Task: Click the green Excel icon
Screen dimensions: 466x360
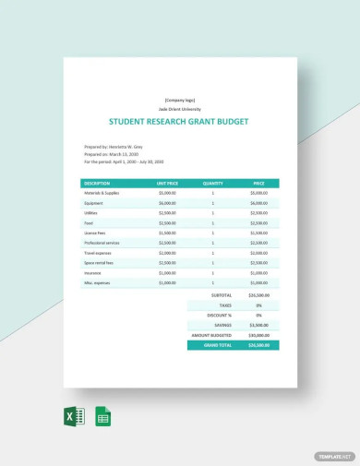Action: coord(76,416)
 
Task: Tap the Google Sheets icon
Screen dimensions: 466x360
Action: coord(102,416)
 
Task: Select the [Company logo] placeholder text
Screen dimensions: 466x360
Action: coord(180,100)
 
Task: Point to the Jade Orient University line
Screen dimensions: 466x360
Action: coord(180,107)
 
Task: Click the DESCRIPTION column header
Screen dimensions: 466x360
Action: coord(97,183)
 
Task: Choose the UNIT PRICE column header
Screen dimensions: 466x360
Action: coord(166,183)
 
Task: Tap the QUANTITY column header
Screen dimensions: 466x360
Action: coord(212,183)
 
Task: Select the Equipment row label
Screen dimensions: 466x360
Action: coord(93,203)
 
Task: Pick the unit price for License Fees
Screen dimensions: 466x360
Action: coord(166,233)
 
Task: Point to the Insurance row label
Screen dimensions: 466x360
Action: coord(92,273)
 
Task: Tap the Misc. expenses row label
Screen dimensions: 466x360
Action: coord(96,283)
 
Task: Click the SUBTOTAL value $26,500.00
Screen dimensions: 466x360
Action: coord(258,296)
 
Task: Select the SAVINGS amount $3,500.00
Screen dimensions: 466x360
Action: coord(258,325)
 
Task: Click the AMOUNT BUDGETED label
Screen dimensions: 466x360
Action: coord(210,334)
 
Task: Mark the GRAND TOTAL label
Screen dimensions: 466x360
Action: coord(213,344)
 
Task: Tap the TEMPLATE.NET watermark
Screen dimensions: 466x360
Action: coord(334,456)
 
